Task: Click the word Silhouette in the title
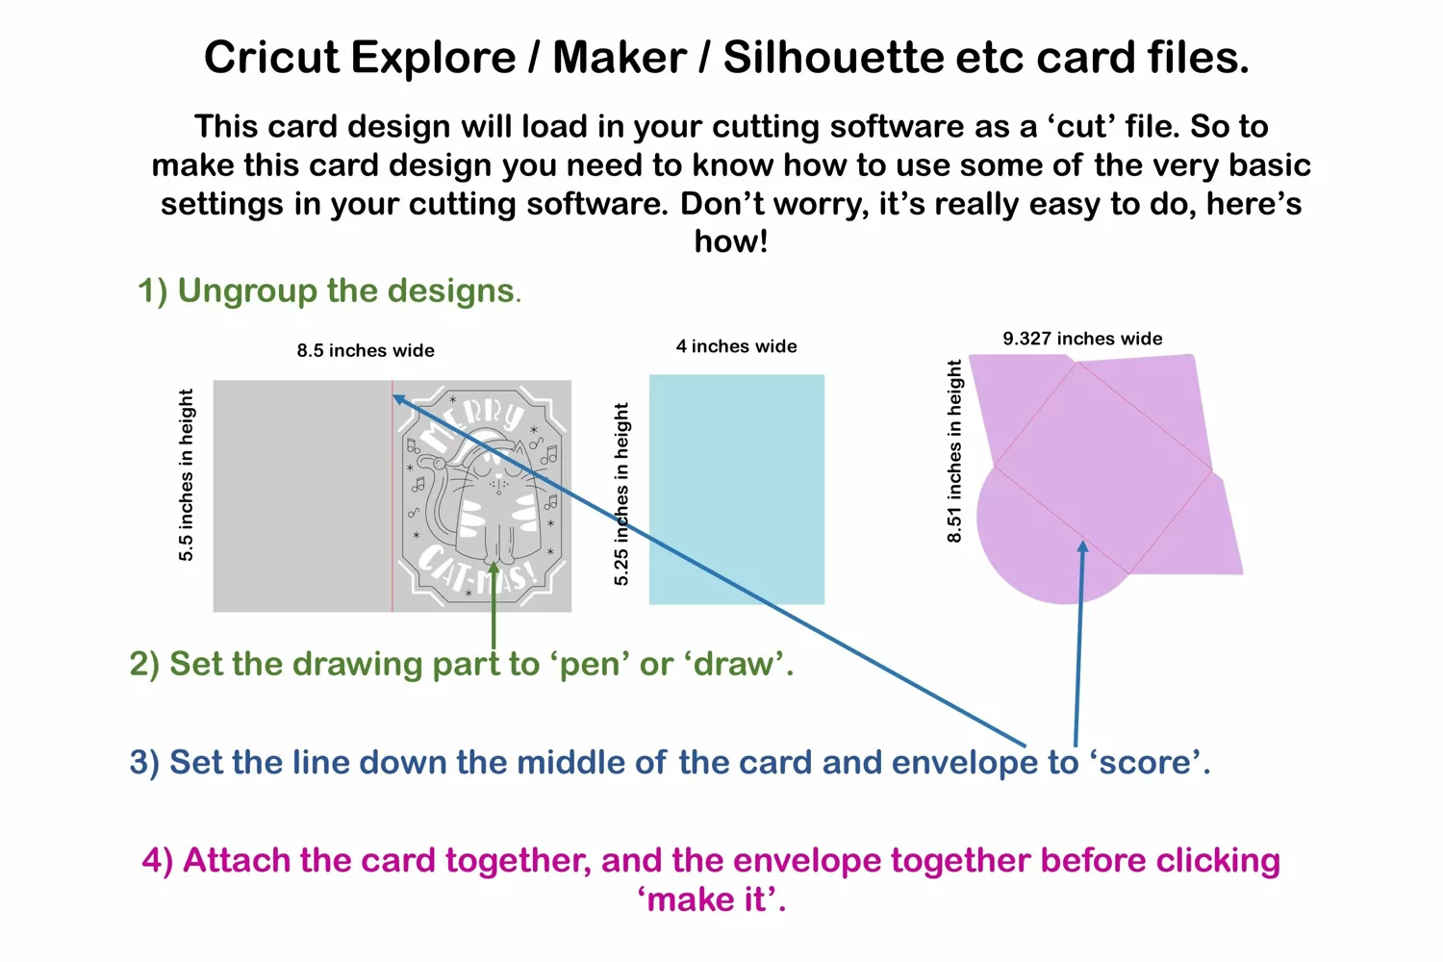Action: coord(834,58)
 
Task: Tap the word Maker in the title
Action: coord(620,58)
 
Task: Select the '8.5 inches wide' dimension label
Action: coord(366,350)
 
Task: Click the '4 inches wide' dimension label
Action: coord(736,346)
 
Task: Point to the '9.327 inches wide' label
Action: coord(1082,339)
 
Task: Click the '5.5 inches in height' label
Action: coord(186,475)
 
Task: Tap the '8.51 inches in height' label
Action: coord(954,451)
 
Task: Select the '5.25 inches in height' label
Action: coord(621,494)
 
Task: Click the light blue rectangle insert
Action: coord(736,489)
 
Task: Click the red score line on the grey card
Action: coord(392,495)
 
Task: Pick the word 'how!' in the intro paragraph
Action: coord(731,242)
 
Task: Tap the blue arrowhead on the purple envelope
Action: coord(1082,547)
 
